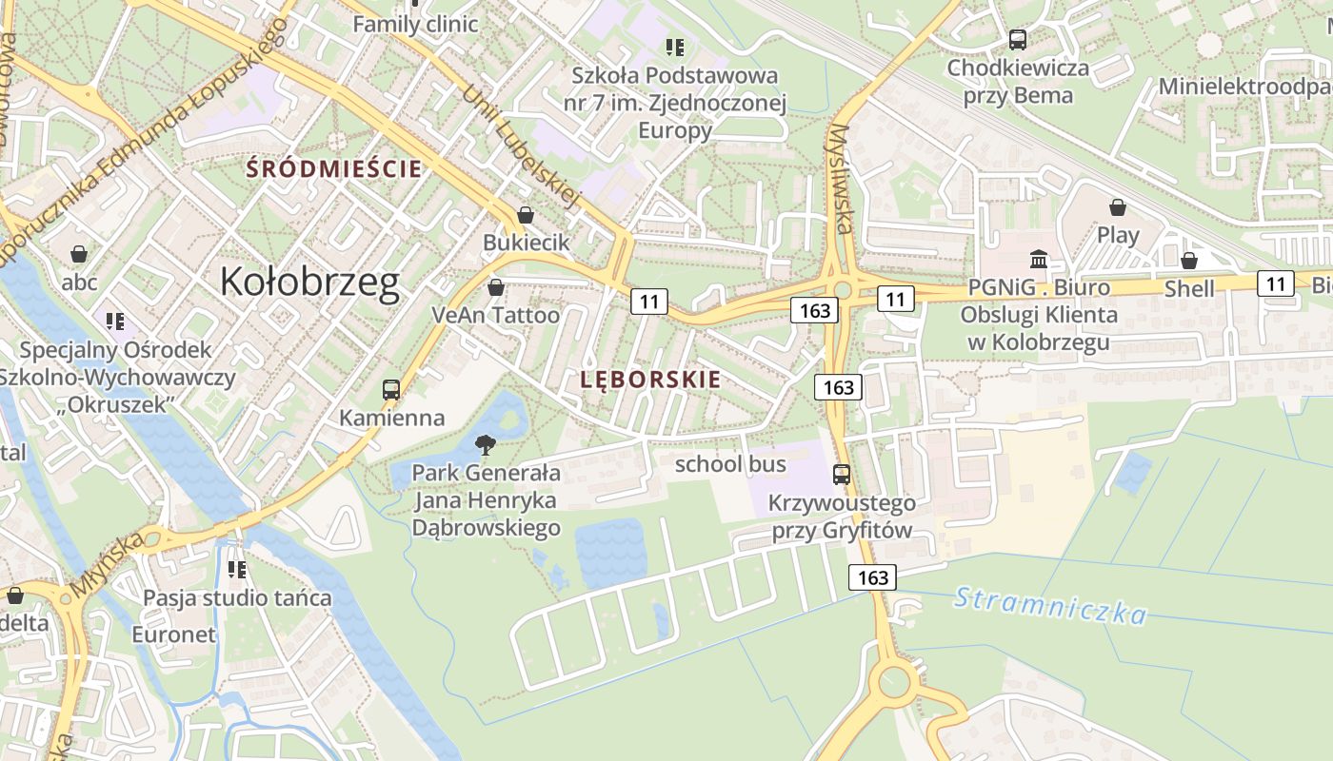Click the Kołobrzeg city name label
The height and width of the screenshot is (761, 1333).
click(309, 283)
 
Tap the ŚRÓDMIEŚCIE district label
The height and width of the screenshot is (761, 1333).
click(333, 169)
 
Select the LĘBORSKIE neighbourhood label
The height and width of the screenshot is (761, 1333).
click(650, 380)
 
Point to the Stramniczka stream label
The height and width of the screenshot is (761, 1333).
click(1050, 605)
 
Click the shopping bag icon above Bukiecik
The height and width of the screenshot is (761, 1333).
click(525, 216)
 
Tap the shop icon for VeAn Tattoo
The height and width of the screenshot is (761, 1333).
click(495, 287)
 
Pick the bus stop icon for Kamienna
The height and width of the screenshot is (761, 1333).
click(391, 389)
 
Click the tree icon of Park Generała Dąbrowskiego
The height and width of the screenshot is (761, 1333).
click(486, 444)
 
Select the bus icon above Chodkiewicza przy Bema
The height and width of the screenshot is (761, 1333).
click(1018, 40)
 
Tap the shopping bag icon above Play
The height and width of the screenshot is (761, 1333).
click(1118, 207)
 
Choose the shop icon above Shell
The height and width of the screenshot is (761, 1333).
click(1188, 261)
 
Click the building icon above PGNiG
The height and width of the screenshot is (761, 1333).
click(1039, 259)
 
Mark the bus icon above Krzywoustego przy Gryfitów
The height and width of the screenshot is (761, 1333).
click(842, 474)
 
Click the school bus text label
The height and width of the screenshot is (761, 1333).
click(730, 464)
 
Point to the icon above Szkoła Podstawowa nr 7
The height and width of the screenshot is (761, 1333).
click(675, 47)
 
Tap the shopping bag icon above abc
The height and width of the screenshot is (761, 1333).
click(79, 254)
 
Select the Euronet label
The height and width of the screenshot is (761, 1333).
click(174, 634)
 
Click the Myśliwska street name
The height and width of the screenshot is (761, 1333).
click(840, 179)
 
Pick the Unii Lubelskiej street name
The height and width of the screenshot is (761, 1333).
click(521, 146)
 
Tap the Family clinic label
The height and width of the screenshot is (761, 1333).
click(415, 24)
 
